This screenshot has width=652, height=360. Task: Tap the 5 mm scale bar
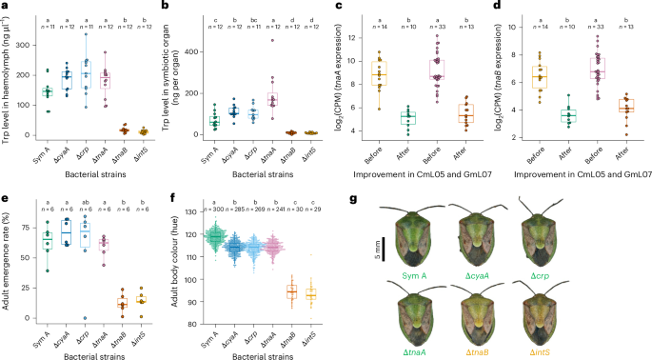pyautogui.click(x=388, y=247)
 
